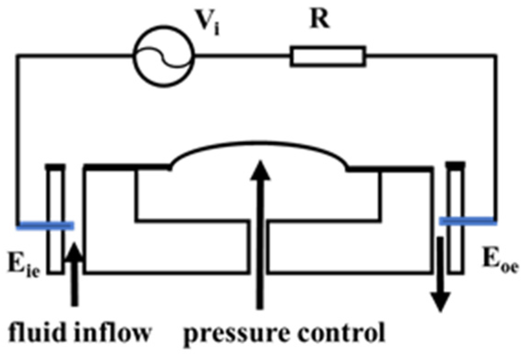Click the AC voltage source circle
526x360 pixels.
click(163, 56)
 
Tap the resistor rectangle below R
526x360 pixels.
click(328, 57)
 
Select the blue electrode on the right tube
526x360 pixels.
click(468, 222)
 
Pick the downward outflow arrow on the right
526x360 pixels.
click(440, 274)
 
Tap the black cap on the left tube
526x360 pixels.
click(55, 166)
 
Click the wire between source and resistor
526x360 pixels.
click(242, 57)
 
